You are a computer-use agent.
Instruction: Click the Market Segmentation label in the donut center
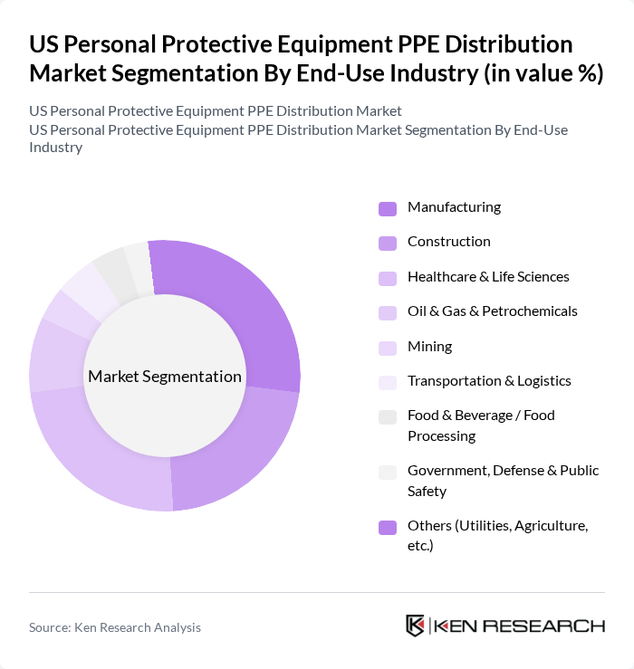[x=164, y=377]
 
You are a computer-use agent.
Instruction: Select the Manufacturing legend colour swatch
[x=388, y=208]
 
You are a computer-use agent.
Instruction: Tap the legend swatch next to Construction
[x=388, y=243]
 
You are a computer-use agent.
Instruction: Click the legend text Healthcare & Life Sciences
[x=488, y=276]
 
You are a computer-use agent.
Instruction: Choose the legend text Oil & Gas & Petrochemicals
[x=492, y=311]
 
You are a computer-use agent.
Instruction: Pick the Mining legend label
[x=429, y=346]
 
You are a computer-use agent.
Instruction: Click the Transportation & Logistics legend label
[x=489, y=380]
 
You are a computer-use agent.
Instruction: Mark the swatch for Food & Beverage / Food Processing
[x=388, y=416]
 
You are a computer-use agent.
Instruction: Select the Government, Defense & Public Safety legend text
[x=503, y=481]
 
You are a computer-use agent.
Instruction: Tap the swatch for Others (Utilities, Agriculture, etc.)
[x=388, y=527]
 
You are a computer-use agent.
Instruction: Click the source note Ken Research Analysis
[x=115, y=627]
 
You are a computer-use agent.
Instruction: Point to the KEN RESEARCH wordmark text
[x=520, y=626]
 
